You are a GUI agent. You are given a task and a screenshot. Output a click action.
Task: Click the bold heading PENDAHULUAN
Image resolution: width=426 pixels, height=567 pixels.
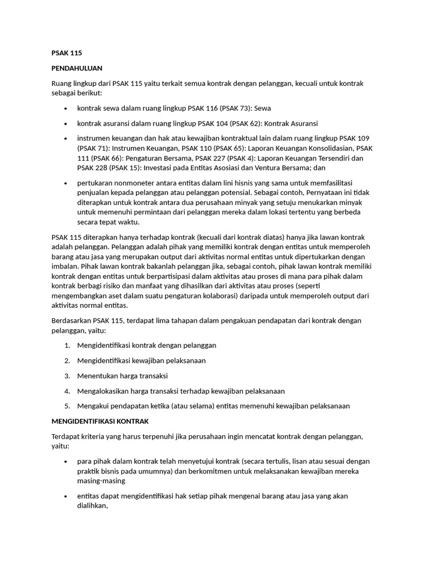click(x=77, y=68)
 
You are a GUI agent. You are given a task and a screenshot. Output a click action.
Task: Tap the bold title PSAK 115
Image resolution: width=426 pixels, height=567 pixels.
click(x=67, y=53)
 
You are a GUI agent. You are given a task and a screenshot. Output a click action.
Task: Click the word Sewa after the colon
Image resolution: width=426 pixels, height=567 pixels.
click(x=263, y=108)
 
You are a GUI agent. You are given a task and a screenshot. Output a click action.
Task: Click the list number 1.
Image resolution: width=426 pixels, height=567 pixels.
click(x=67, y=345)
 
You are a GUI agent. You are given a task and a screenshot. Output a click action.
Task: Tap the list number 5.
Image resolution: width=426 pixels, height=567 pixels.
click(x=67, y=406)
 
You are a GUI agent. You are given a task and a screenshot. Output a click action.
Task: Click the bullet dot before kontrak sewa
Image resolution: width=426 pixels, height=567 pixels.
click(x=65, y=109)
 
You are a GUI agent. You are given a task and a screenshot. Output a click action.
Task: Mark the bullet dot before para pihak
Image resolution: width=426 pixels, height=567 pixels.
click(x=65, y=462)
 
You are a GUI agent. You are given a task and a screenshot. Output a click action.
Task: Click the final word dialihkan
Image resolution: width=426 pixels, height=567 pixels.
click(x=92, y=506)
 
